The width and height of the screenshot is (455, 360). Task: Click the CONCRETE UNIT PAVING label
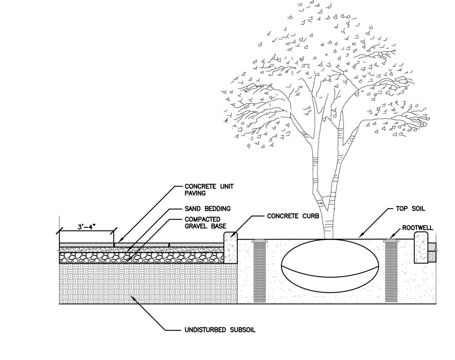209,190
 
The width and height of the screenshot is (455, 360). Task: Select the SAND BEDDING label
208,209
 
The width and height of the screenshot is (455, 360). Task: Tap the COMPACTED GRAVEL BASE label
205,223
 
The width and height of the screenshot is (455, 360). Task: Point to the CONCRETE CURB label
293,216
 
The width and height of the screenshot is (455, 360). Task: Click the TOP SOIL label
410,209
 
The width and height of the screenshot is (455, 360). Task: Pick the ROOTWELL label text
418,228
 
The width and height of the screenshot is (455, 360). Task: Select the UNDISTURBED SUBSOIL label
220,330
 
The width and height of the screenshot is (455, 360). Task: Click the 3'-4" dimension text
87,227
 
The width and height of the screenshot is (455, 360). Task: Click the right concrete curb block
421,247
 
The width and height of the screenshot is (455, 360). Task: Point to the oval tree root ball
330,266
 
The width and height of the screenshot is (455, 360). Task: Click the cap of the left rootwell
260,241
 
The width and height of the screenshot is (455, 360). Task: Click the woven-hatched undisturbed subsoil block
148,283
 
